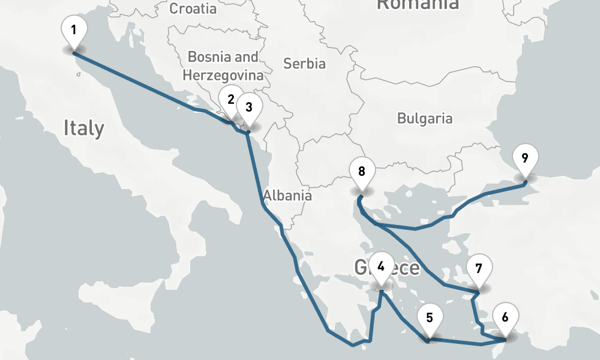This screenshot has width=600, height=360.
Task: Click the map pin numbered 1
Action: [x=74, y=31]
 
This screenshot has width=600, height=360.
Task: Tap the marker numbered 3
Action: [x=249, y=107]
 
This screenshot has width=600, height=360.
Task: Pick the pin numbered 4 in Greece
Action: [x=382, y=266]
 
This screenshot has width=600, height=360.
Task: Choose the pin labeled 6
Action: [x=505, y=318]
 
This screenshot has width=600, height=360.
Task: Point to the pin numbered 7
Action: [x=478, y=268]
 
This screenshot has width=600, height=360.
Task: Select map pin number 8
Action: [x=361, y=171]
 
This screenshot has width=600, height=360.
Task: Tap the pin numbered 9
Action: [x=525, y=158]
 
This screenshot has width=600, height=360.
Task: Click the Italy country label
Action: [x=84, y=128]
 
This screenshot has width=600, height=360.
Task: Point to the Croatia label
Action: [x=193, y=8]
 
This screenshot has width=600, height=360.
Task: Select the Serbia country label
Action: [x=304, y=63]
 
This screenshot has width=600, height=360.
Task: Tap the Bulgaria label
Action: [x=425, y=118]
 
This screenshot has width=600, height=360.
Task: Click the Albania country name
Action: [x=287, y=195]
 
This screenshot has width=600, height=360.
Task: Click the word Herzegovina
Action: [x=223, y=76]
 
